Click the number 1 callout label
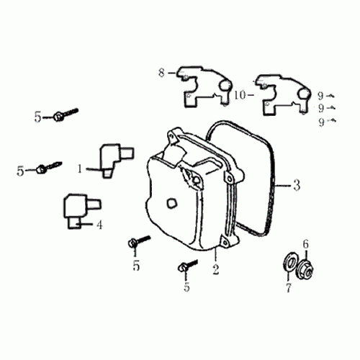81,168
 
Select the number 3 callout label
296,186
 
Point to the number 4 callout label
99,225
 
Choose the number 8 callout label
162,71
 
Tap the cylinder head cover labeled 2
187,194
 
